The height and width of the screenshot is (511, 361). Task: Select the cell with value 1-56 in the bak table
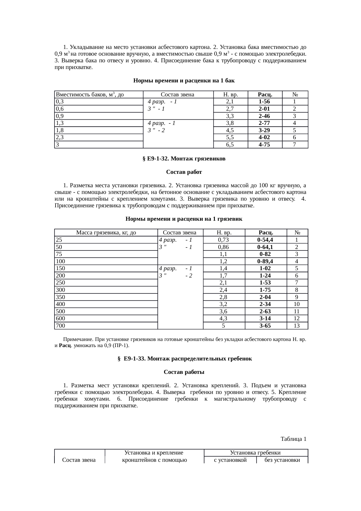coord(265,102)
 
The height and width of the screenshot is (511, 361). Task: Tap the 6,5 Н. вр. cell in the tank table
coord(230,145)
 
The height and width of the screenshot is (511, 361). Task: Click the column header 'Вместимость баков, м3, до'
coord(90,95)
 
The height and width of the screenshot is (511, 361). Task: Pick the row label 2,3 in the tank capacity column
coord(60,137)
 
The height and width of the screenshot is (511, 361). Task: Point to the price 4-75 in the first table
coord(265,145)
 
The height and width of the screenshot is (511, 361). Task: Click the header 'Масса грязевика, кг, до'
coord(106,233)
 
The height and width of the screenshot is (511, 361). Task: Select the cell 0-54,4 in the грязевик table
coord(265,240)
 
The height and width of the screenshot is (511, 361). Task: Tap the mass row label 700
coord(61,326)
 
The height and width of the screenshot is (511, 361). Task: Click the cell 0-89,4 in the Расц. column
coord(265,261)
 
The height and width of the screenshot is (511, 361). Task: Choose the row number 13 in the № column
coord(297,326)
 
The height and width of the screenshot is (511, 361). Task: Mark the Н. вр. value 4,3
coord(223,319)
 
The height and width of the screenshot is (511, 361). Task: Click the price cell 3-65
coord(265,326)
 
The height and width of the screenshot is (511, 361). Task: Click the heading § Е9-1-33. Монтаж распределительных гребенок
coord(185,359)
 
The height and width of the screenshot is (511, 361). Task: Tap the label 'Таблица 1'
coord(293,439)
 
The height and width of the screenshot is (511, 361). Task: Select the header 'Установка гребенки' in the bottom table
coord(255,453)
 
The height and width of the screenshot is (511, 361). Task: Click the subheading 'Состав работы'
coord(184,372)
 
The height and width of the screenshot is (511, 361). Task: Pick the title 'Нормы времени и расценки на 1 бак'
coord(184,80)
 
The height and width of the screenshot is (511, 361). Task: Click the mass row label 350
coord(61,297)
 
